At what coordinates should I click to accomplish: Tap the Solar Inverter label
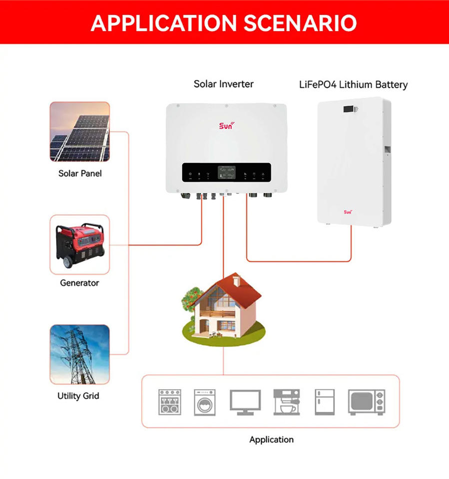[223, 84]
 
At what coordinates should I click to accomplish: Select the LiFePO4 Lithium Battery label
[353, 84]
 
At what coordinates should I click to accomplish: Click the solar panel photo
[79, 132]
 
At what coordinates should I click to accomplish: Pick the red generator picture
[79, 244]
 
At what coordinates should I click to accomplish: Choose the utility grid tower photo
[79, 354]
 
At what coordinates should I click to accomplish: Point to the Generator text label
[79, 283]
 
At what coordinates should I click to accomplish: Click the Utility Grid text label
[78, 396]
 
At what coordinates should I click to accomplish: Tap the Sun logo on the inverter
[226, 125]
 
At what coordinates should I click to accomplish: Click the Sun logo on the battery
[348, 212]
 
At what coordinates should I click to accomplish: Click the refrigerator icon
[324, 402]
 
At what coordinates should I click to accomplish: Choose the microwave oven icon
[367, 402]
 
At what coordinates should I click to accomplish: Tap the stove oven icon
[170, 402]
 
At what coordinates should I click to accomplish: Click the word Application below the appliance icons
[271, 440]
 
